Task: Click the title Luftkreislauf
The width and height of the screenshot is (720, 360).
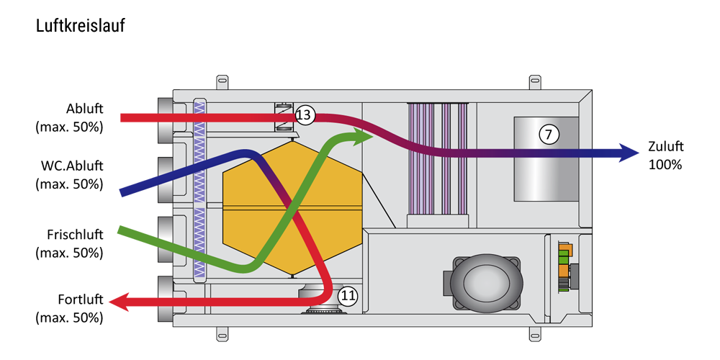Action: point(81,26)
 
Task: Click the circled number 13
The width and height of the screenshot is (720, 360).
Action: point(304,115)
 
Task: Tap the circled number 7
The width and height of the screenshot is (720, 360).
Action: point(549,135)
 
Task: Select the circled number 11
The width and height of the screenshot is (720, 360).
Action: point(348,297)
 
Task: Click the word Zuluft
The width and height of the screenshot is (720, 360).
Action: point(666,146)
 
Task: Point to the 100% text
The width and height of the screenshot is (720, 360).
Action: point(665,164)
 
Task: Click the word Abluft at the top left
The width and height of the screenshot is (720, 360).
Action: point(84,109)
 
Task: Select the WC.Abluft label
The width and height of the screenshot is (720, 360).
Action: point(69,166)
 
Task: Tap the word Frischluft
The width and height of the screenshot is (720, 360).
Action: point(75,235)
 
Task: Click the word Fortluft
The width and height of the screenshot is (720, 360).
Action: point(81,300)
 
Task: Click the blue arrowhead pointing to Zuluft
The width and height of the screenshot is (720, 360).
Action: point(628,153)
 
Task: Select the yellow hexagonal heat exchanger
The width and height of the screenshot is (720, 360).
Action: point(292,209)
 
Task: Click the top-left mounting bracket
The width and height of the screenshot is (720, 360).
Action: point(222,82)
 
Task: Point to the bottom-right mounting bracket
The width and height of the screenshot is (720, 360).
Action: point(535,334)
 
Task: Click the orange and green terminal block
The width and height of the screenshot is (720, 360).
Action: point(564,267)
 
